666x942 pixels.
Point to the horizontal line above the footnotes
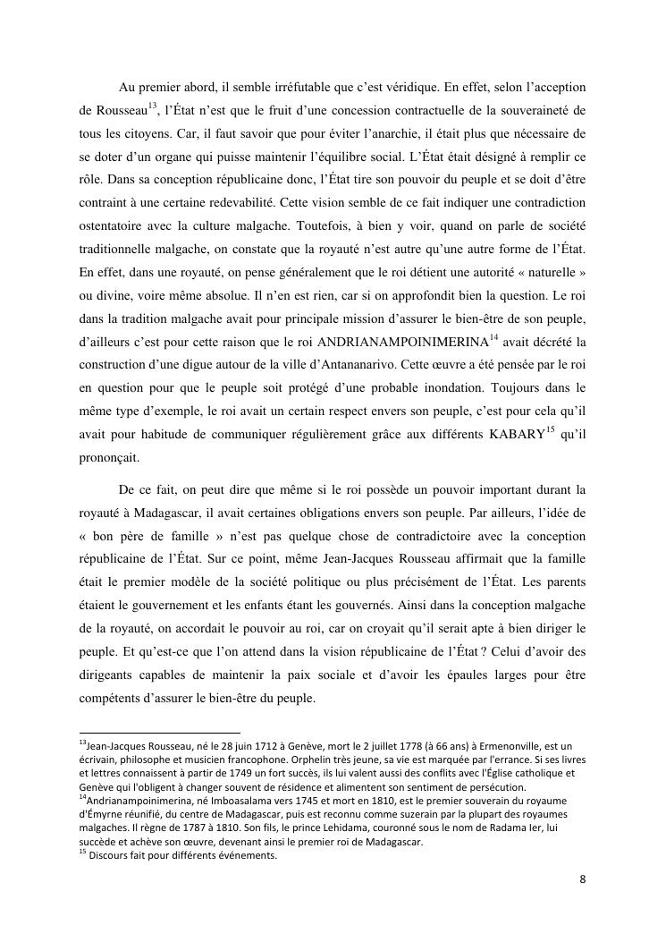(x=158, y=732)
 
